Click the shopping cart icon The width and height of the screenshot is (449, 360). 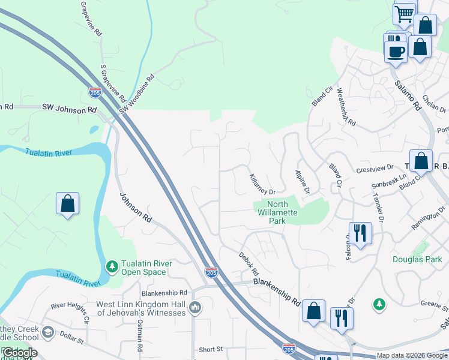tap(405, 13)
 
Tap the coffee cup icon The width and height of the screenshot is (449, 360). tap(396, 50)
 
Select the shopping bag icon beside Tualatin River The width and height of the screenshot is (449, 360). tap(68, 204)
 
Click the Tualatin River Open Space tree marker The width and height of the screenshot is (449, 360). tap(111, 265)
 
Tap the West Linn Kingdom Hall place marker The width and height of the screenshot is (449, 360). tap(194, 308)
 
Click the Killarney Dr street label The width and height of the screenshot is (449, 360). tap(262, 184)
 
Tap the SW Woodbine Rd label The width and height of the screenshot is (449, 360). tap(137, 94)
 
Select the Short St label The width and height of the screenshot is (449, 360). tap(211, 349)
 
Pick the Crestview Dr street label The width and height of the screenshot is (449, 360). tap(374, 167)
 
